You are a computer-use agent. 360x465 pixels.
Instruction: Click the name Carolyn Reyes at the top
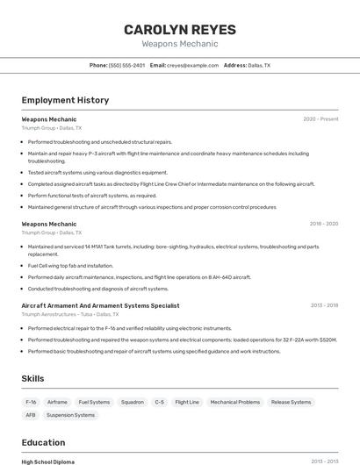point(180,28)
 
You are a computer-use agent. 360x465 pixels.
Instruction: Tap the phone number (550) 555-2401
point(126,65)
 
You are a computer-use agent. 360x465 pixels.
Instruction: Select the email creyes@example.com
point(192,65)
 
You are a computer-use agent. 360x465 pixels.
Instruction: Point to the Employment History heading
point(65,100)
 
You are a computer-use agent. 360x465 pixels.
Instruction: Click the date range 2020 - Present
point(320,118)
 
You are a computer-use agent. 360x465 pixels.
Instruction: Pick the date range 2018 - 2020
point(323,224)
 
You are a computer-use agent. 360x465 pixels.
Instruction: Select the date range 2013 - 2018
point(324,305)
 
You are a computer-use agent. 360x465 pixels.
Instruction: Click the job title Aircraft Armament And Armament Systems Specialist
point(100,305)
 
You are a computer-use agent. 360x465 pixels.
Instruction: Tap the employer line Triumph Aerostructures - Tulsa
point(69,313)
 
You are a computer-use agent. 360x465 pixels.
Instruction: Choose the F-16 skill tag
point(31,402)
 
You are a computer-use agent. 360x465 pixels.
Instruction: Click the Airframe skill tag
point(57,402)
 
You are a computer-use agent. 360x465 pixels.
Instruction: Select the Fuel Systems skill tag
point(94,402)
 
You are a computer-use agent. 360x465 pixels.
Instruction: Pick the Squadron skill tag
point(132,402)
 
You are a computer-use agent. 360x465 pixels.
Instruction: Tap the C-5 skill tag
point(159,402)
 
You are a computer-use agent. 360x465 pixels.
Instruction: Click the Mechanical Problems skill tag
point(234,402)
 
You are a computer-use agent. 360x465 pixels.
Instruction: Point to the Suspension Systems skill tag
point(70,415)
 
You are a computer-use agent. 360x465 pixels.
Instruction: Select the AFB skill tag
point(31,415)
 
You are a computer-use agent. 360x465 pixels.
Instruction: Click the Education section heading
point(43,442)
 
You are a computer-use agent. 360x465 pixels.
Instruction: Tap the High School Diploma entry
point(48,461)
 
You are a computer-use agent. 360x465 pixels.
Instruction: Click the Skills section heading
point(32,378)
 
